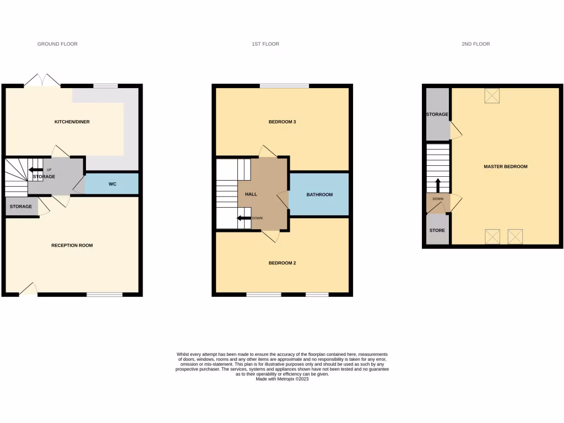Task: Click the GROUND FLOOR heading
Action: pos(57,44)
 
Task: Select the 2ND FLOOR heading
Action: pos(475,44)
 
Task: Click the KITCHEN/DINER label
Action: pos(72,122)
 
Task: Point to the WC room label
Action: pos(112,183)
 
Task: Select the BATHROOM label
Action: pos(319,194)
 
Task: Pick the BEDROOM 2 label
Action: pos(282,263)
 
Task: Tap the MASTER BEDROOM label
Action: pos(505,166)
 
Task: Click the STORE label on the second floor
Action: pos(437,230)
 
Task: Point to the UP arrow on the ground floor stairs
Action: pos(36,170)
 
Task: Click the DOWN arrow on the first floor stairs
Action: pos(243,218)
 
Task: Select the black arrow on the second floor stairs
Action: pos(438,185)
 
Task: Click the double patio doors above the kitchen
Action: pos(42,80)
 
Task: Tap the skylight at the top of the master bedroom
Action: pos(491,95)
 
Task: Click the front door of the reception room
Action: pos(28,289)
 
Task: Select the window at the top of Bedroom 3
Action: pos(284,86)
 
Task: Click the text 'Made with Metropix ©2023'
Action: pos(282,379)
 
